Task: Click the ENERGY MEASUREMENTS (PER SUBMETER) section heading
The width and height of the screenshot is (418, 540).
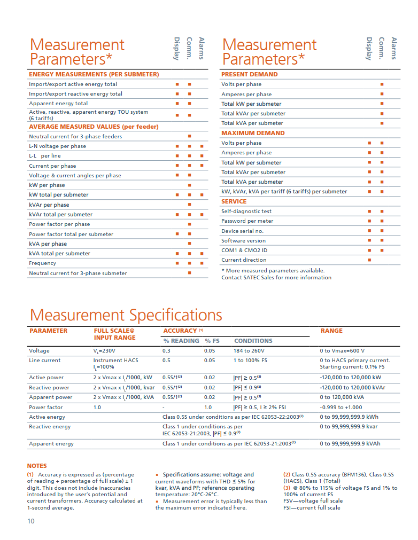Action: click(x=94, y=74)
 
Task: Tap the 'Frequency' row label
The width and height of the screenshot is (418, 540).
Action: click(x=42, y=263)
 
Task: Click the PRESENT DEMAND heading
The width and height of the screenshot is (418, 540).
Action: click(x=250, y=74)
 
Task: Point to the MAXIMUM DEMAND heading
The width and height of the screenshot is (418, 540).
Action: click(x=253, y=133)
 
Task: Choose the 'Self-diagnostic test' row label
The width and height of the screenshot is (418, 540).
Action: click(x=246, y=211)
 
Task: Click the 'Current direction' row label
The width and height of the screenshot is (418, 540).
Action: click(x=244, y=260)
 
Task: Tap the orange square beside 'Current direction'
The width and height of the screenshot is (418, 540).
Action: click(x=369, y=260)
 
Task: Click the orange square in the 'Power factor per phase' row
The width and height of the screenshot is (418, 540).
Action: click(x=189, y=224)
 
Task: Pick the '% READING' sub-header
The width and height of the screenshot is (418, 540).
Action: click(x=181, y=341)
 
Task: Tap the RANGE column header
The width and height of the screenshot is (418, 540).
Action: click(x=331, y=331)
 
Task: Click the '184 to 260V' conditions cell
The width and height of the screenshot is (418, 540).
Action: click(x=249, y=351)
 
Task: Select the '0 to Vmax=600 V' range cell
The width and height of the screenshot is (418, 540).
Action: click(x=342, y=351)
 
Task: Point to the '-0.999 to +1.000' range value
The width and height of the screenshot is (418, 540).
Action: click(x=341, y=407)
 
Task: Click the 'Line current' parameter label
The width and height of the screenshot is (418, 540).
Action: click(x=45, y=361)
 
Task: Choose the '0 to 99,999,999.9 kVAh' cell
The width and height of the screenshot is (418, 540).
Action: click(x=350, y=443)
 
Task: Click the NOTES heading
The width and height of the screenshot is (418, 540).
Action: click(x=37, y=466)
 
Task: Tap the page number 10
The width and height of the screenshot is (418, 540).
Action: click(x=31, y=521)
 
